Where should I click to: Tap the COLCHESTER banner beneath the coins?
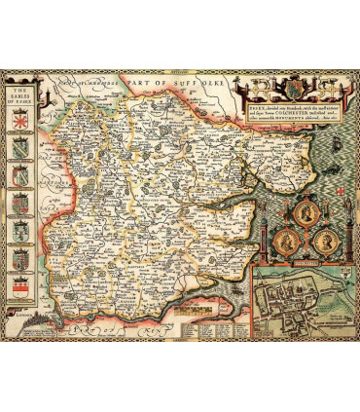[x=299, y=261]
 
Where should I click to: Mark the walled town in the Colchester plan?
[x=297, y=302]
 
